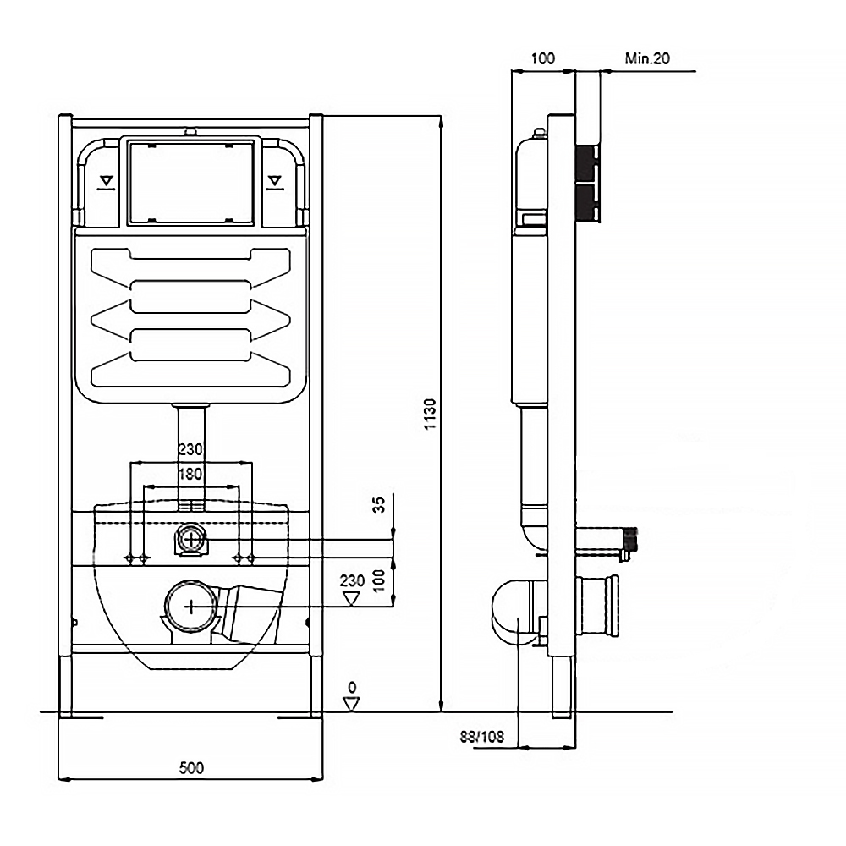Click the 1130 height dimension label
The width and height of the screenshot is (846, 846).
pyautogui.click(x=431, y=414)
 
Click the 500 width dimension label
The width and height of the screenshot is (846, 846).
pyautogui.click(x=192, y=767)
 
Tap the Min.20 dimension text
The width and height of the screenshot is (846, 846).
pyautogui.click(x=647, y=58)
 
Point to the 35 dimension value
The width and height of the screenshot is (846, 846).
pyautogui.click(x=380, y=505)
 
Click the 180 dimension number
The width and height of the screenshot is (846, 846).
pyautogui.click(x=191, y=474)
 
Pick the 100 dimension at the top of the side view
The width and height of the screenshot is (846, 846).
pyautogui.click(x=542, y=58)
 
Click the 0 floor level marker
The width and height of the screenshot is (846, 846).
pyautogui.click(x=353, y=687)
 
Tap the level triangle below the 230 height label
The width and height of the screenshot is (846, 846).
pyautogui.click(x=353, y=598)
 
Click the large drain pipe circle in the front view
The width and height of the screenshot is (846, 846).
pyautogui.click(x=192, y=605)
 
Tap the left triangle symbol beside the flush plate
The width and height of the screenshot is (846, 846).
pyautogui.click(x=106, y=181)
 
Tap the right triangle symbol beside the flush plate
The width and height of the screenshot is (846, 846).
pyautogui.click(x=275, y=181)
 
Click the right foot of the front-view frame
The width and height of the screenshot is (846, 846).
pyautogui.click(x=316, y=685)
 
